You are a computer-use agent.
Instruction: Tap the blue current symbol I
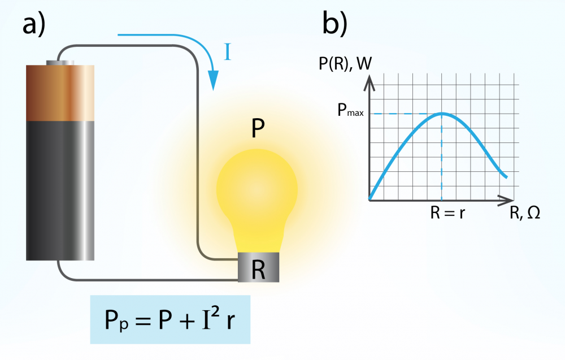227,52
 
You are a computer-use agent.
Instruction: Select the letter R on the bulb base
258,268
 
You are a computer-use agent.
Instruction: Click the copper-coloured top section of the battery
60,93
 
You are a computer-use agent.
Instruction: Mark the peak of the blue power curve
442,114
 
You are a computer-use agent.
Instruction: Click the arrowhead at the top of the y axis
369,83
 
